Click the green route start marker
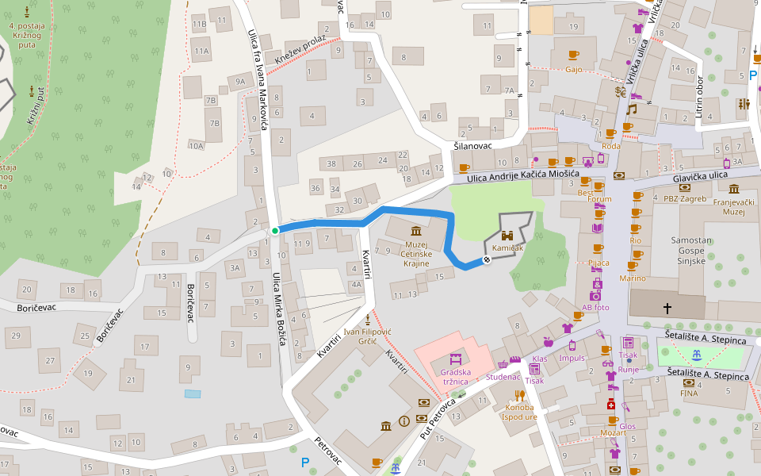(x=275, y=231)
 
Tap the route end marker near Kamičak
(x=487, y=260)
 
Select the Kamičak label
(x=507, y=249)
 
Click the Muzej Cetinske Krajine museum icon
(x=416, y=231)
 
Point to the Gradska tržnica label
(x=456, y=377)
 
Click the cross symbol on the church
(x=667, y=307)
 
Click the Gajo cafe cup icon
(x=574, y=55)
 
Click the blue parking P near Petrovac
(x=304, y=462)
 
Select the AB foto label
(x=595, y=307)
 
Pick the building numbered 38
(x=331, y=163)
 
